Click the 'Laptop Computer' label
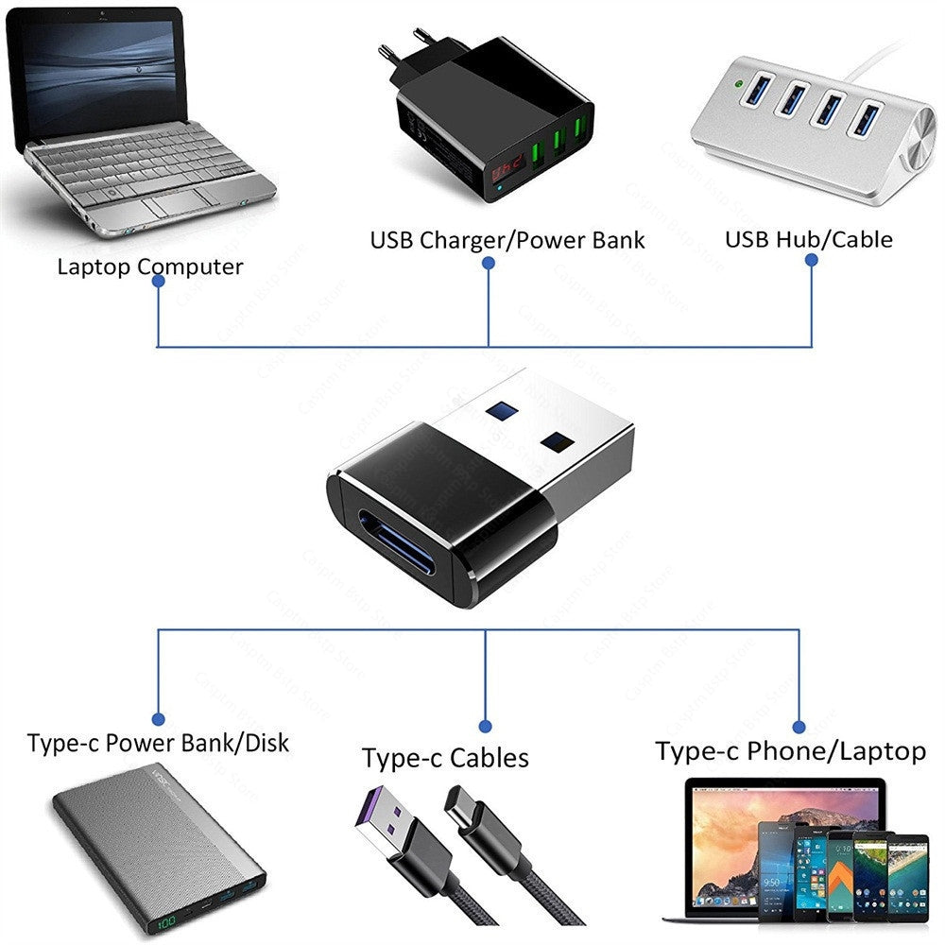point(149,266)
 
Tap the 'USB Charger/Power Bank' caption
point(507,239)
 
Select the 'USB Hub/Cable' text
point(808,238)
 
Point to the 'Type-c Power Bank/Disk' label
point(158,743)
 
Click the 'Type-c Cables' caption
point(445,758)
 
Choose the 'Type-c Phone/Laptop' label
point(790,751)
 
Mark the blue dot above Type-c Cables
point(485,727)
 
